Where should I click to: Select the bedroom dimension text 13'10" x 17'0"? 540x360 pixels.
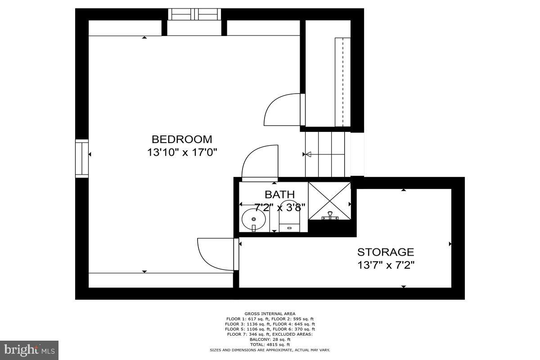click(x=182, y=152)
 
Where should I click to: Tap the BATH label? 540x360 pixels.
click(x=279, y=194)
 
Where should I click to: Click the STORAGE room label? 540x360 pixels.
click(x=385, y=252)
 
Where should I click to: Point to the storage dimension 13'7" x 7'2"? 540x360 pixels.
click(x=385, y=265)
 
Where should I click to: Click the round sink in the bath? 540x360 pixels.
click(x=253, y=220)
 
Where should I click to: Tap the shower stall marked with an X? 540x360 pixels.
click(x=329, y=201)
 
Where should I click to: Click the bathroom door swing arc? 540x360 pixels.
click(x=260, y=162)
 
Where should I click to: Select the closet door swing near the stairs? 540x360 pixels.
click(x=283, y=109)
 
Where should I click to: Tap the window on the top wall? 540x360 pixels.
click(x=194, y=14)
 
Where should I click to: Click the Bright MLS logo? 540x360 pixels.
click(x=29, y=350)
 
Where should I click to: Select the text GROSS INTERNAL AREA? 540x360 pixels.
click(x=270, y=314)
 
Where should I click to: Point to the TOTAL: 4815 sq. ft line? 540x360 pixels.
click(x=270, y=345)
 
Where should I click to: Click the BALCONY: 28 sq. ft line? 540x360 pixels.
click(x=270, y=339)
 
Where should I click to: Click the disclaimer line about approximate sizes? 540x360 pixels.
click(x=270, y=350)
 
